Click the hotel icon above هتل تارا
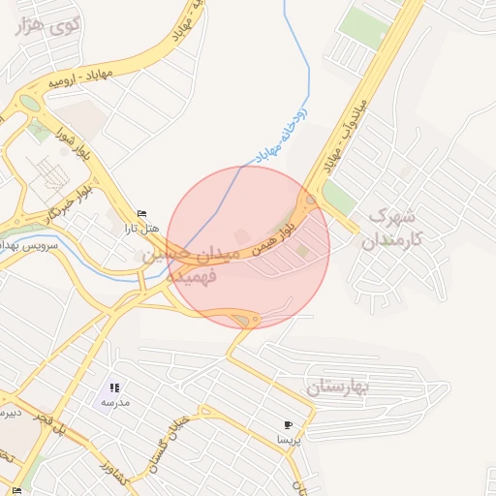click(x=143, y=214)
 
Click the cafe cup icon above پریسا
click(x=288, y=424)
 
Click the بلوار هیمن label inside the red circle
click(x=273, y=234)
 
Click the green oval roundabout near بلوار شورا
click(x=30, y=103)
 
